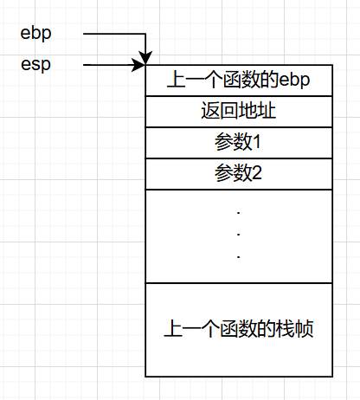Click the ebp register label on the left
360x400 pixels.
click(35, 34)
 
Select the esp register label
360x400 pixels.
click(35, 64)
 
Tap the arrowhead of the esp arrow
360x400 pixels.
click(138, 65)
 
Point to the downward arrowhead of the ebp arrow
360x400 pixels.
click(145, 57)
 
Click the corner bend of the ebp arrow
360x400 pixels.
click(145, 34)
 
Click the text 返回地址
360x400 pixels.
click(239, 111)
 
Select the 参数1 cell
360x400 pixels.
click(239, 143)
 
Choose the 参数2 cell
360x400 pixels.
click(239, 174)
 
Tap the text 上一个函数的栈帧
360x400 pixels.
click(239, 329)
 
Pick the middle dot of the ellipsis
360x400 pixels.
click(239, 235)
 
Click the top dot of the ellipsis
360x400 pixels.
click(239, 213)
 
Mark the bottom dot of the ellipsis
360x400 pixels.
click(239, 256)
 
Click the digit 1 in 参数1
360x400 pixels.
click(257, 142)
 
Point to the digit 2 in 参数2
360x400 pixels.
click(257, 173)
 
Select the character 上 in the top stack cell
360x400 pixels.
click(176, 80)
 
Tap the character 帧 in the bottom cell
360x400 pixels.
click(304, 329)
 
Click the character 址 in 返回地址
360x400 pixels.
click(267, 111)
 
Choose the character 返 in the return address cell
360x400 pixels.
click(210, 111)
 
